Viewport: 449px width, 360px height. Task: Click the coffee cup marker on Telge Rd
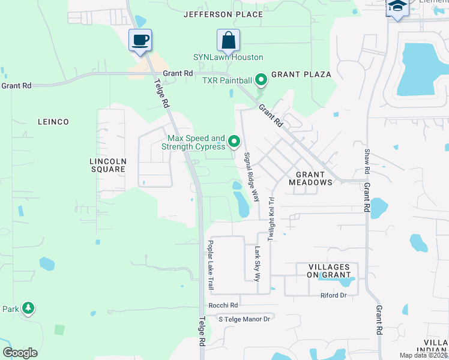tap(141, 41)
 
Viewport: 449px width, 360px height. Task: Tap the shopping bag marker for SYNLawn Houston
tap(228, 41)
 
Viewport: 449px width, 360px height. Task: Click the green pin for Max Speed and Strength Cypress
tap(235, 142)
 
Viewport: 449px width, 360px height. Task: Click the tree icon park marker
tap(28, 308)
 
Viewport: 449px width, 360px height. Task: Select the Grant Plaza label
tap(301, 74)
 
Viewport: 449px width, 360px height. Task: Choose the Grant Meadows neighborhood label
tap(310, 178)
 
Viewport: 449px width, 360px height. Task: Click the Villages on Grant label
tap(329, 271)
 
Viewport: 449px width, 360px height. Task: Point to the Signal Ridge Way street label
tap(251, 176)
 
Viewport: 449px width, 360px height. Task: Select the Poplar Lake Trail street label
tap(211, 265)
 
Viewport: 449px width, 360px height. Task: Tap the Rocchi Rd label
tap(224, 305)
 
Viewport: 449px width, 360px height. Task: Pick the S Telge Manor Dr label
tap(245, 319)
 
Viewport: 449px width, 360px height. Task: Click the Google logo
tap(20, 353)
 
